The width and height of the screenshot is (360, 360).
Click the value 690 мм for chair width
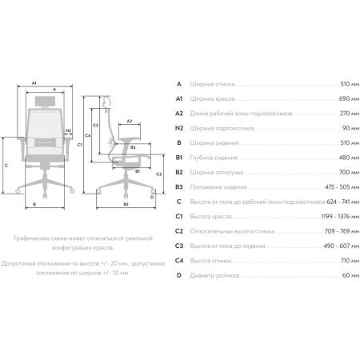coord(349,98)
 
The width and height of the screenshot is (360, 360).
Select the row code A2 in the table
coord(179,114)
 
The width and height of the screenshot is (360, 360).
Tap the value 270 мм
coord(350,114)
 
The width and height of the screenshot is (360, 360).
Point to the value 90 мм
coord(350,128)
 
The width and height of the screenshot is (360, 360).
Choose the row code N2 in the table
coord(179,128)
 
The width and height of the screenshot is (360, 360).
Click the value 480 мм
coord(349,158)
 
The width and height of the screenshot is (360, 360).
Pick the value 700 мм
coord(349,172)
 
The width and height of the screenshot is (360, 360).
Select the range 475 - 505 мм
coord(342,187)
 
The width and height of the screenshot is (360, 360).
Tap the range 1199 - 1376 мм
coord(340,216)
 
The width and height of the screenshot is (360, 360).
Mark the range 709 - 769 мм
coord(342,231)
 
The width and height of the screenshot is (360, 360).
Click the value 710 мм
coord(350,261)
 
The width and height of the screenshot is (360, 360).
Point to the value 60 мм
coord(350,275)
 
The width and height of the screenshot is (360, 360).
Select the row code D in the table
coord(179,275)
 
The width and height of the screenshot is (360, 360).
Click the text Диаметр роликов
coord(214,275)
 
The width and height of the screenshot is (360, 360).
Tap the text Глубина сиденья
coord(214,158)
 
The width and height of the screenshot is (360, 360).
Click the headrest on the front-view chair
coord(46,101)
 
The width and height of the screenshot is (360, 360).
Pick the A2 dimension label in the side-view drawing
coord(130,121)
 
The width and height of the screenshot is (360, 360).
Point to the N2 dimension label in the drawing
coord(68,130)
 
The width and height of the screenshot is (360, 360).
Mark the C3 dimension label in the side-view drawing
coord(158,174)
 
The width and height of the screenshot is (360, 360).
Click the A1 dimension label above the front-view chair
coord(34,83)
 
